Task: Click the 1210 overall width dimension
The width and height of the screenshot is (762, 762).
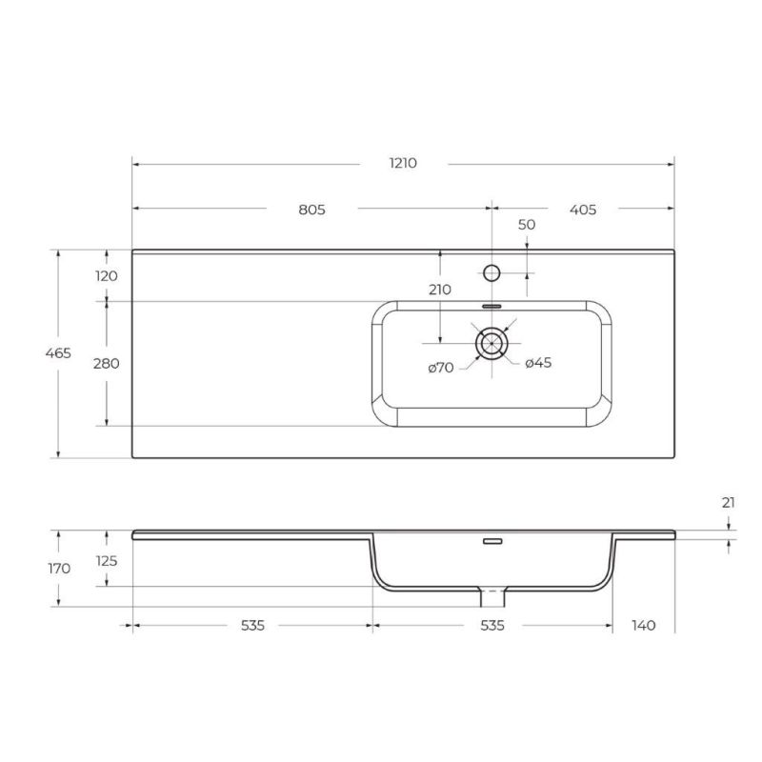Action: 403,163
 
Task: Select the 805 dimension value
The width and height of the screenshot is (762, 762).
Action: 311,210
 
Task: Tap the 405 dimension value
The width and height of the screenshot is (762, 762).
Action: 583,210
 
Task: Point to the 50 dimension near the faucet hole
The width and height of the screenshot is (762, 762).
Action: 527,225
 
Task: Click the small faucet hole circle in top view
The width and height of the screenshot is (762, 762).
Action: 491,272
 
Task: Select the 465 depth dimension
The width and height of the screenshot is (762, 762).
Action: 58,353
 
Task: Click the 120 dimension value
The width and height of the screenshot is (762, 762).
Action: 106,275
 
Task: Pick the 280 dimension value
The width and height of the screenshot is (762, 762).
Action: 106,363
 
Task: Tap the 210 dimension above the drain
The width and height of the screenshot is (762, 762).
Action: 440,291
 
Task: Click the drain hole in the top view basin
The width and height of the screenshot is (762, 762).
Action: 491,343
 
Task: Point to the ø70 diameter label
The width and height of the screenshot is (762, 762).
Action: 441,367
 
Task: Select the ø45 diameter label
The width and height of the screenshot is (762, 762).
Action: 539,363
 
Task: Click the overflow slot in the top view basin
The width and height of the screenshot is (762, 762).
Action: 491,307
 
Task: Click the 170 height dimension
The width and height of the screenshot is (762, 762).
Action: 58,569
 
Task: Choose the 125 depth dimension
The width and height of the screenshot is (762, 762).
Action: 106,561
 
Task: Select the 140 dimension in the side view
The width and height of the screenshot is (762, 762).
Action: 644,626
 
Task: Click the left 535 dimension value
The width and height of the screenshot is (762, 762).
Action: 251,626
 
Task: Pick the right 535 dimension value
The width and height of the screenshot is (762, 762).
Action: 491,626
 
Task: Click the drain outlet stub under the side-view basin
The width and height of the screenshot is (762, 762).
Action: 491,597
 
